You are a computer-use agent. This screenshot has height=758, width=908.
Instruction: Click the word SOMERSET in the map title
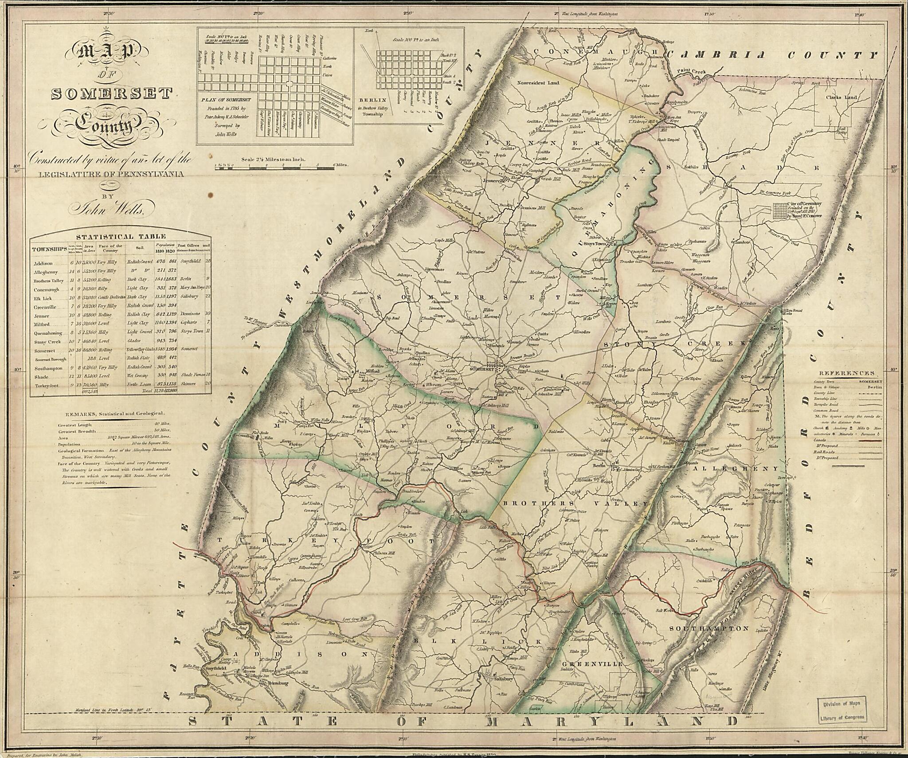[112, 94]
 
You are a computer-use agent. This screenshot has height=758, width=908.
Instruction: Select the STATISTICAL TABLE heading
[121, 237]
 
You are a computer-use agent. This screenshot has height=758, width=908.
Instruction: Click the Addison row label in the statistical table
[43, 263]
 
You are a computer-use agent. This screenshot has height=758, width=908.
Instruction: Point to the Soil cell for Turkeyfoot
[139, 385]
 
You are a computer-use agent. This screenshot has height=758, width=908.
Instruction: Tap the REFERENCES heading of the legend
[846, 374]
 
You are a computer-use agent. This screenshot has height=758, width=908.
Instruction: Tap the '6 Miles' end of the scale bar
[340, 164]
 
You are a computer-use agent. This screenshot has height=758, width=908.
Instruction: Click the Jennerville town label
[495, 181]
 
